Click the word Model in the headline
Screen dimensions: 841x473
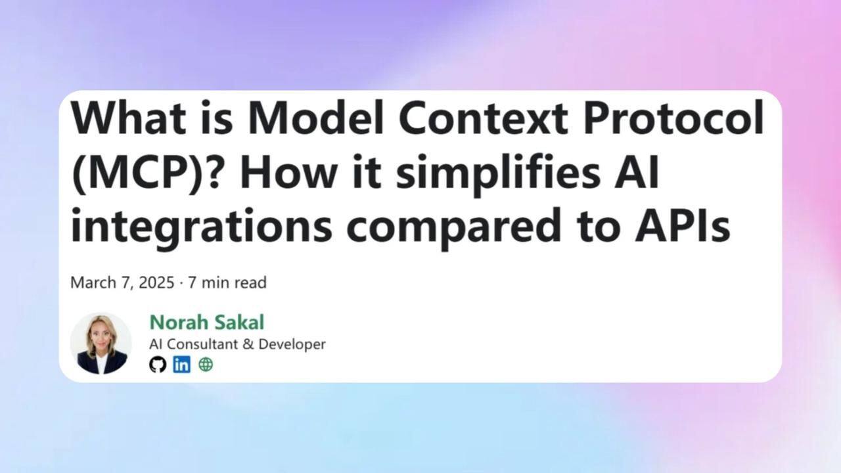(315, 118)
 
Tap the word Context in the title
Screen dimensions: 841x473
(483, 118)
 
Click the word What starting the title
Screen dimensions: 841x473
(128, 118)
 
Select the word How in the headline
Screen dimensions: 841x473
(290, 171)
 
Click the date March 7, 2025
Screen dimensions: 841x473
(122, 282)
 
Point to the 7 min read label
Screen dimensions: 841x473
(227, 282)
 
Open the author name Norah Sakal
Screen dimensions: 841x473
(207, 322)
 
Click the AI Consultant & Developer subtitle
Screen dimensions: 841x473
(237, 344)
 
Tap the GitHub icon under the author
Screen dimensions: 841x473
(158, 365)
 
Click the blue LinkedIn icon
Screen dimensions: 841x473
(182, 365)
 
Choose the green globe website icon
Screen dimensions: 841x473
(206, 365)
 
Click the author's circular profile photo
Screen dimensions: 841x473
(101, 344)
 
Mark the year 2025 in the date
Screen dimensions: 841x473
(156, 282)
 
